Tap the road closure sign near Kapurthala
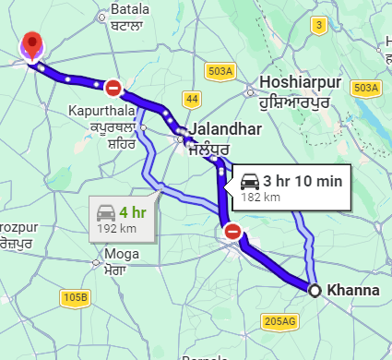(113, 88)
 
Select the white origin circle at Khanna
(315, 291)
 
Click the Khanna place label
(353, 290)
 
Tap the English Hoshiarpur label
(302, 83)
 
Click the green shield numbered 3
(318, 25)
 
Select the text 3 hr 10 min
(303, 179)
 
